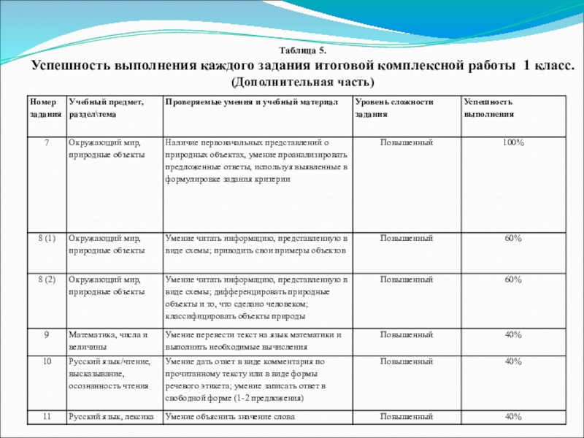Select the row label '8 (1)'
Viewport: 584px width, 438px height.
pos(46,239)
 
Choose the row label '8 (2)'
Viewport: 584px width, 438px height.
pos(46,280)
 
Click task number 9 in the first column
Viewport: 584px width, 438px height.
pos(46,334)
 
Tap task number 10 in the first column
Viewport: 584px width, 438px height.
pos(46,361)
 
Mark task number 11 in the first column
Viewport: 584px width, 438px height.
pos(46,416)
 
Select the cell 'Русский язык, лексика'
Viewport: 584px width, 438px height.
pos(110,416)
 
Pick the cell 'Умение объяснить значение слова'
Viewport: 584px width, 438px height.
pos(230,416)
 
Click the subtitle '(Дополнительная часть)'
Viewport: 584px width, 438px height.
pos(302,80)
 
